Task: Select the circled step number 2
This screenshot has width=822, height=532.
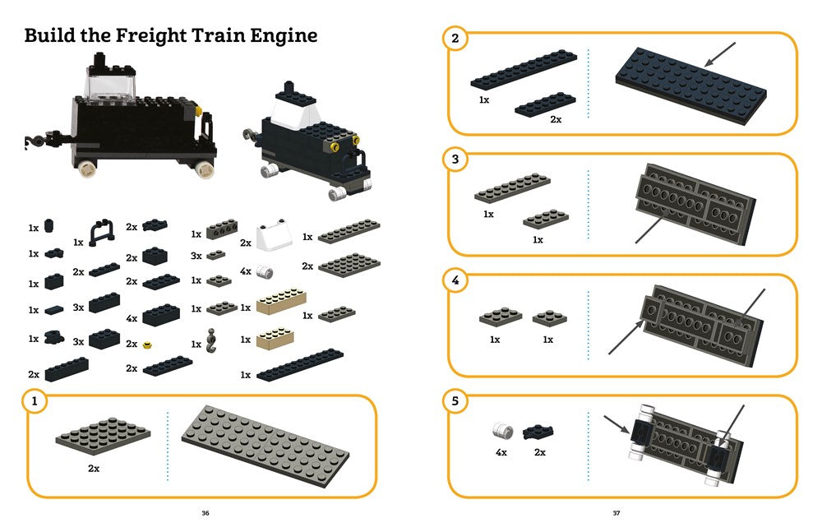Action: (x=455, y=39)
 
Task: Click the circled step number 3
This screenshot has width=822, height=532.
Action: (x=455, y=159)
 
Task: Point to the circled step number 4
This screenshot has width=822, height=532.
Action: (x=455, y=280)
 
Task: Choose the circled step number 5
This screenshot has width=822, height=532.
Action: (x=455, y=401)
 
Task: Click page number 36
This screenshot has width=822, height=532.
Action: (x=205, y=514)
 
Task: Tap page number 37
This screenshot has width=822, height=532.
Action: (x=616, y=514)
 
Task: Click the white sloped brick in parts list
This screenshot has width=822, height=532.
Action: (x=271, y=237)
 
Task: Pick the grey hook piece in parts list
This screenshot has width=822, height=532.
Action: (x=211, y=338)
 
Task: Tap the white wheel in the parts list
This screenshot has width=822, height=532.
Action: (x=265, y=271)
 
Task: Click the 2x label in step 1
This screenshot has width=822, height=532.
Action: (x=93, y=468)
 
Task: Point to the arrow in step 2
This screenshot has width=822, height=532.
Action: (x=721, y=57)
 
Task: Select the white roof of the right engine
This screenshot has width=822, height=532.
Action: (x=292, y=111)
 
